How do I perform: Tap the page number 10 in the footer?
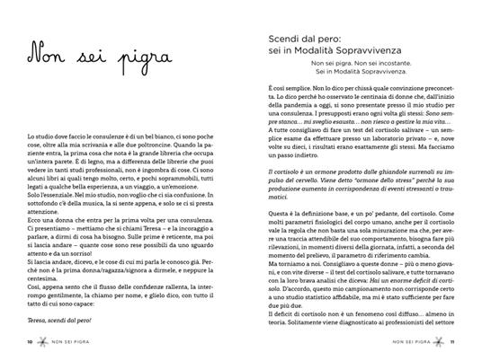point(30,342)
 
